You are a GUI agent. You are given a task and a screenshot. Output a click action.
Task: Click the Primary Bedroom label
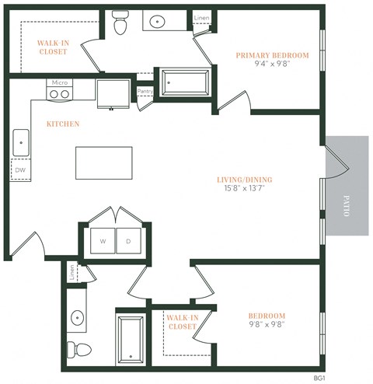pyautogui.click(x=272, y=55)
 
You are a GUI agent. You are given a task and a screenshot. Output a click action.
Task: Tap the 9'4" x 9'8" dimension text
pyautogui.click(x=272, y=65)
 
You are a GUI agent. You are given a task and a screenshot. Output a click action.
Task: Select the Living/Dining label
pyautogui.click(x=245, y=180)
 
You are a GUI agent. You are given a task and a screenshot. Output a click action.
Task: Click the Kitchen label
pyautogui.click(x=63, y=124)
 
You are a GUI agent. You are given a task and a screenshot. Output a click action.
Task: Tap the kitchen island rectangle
pyautogui.click(x=103, y=163)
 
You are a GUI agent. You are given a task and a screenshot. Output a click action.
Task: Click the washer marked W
pyautogui.click(x=102, y=241)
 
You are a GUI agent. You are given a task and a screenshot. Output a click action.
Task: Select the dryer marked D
pyautogui.click(x=128, y=241)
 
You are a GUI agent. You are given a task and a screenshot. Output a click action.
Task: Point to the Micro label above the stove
pyautogui.click(x=59, y=82)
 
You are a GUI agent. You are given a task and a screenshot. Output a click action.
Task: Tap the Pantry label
pyautogui.click(x=145, y=91)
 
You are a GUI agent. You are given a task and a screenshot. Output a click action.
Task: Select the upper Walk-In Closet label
pyautogui.click(x=53, y=47)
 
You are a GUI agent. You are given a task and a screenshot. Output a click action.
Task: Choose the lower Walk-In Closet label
pyautogui.click(x=183, y=322)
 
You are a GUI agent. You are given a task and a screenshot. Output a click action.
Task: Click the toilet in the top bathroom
pyautogui.click(x=120, y=25)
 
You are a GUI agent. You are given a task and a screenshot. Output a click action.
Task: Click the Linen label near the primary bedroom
pyautogui.click(x=201, y=16)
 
